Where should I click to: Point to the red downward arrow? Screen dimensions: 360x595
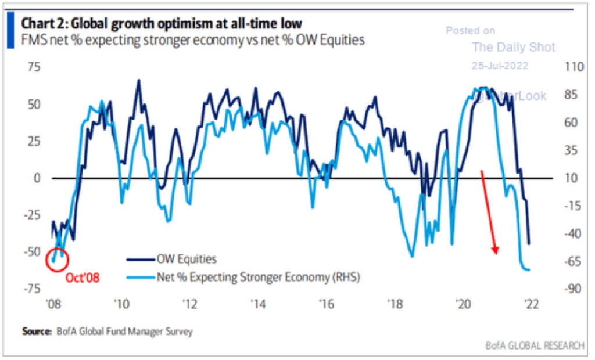pyautogui.click(x=489, y=212)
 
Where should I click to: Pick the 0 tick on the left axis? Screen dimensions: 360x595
pyautogui.click(x=36, y=178)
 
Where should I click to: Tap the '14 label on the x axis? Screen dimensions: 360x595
pyautogui.click(x=258, y=304)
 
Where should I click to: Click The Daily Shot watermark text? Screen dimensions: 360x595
pyautogui.click(x=514, y=47)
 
